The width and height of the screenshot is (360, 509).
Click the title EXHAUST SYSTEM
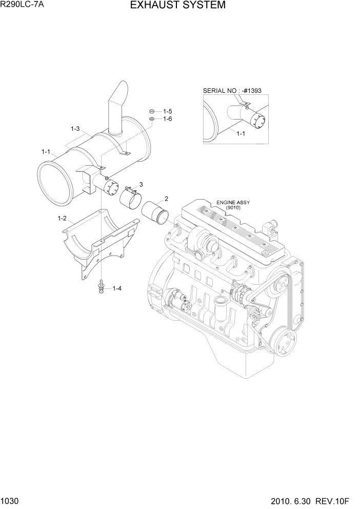click(x=177, y=6)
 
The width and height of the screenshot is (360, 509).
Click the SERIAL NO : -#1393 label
click(x=232, y=91)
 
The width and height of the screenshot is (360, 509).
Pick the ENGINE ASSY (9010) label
click(x=233, y=205)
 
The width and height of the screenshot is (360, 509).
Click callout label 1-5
click(x=167, y=111)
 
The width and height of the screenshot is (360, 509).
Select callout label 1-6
click(x=167, y=119)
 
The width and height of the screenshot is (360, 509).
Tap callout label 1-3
click(x=75, y=128)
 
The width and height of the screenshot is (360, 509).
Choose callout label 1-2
click(x=62, y=218)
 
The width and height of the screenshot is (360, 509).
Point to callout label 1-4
click(x=116, y=288)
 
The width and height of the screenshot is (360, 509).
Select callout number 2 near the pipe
click(x=166, y=199)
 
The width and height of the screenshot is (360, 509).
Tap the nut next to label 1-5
click(x=152, y=111)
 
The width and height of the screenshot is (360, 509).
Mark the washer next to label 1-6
click(x=152, y=119)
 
